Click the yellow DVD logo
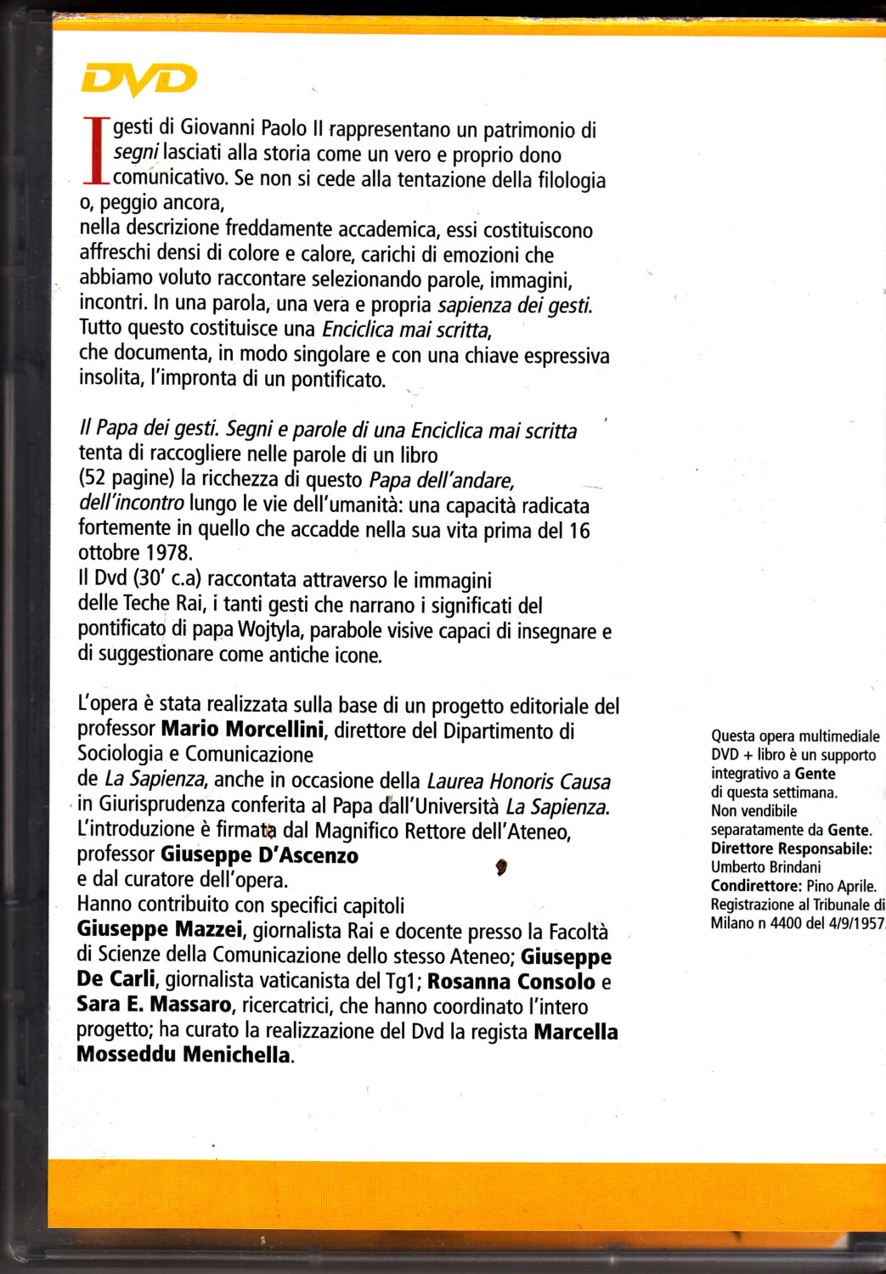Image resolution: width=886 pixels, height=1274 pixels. pos(138,80)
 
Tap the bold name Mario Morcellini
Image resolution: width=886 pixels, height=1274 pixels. pos(242,729)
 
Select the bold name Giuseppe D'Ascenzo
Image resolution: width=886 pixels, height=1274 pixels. pos(259,854)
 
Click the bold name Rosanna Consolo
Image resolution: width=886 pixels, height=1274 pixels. pos(511,981)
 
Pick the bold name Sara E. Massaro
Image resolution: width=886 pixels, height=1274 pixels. pos(154,1005)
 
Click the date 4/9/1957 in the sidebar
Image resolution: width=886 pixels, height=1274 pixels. pos(855,923)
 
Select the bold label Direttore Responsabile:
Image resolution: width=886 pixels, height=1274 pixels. pos(791,848)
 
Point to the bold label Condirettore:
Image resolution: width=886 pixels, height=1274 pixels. pos(756,886)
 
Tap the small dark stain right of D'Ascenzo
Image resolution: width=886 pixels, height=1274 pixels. pos(501,867)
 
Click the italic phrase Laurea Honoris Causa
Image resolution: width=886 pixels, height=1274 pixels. pos(518,781)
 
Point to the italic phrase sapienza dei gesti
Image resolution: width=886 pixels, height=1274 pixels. pos(514,305)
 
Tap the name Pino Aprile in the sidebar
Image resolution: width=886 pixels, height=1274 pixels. pos(841,886)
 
